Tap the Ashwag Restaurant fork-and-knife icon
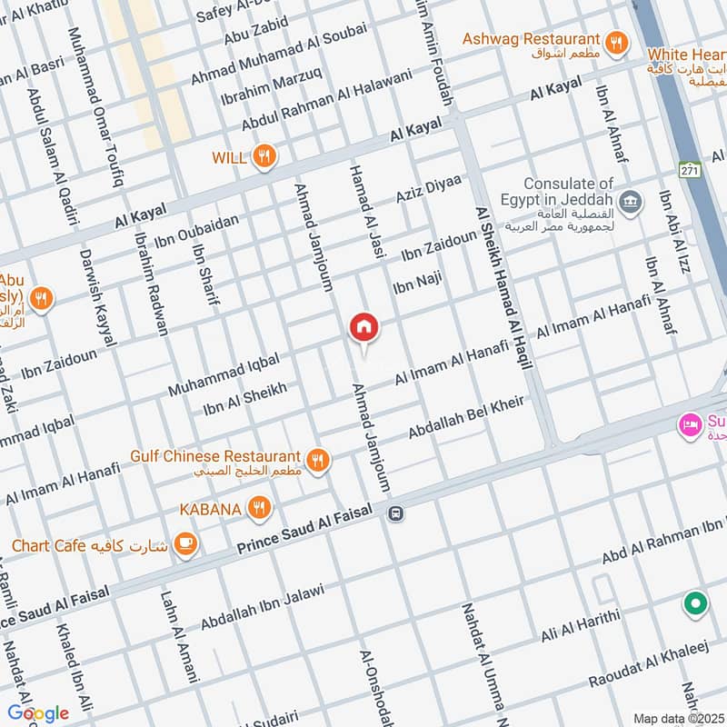pos(617,40)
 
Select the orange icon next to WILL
pos(264,156)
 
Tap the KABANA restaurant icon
pos(260,509)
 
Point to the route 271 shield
pos(688,170)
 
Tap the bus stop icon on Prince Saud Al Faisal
pos(395,514)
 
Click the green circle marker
pos(695,603)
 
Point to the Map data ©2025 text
pos(676,718)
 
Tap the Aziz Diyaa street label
pos(429,188)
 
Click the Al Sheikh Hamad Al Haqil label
pos(503,285)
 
